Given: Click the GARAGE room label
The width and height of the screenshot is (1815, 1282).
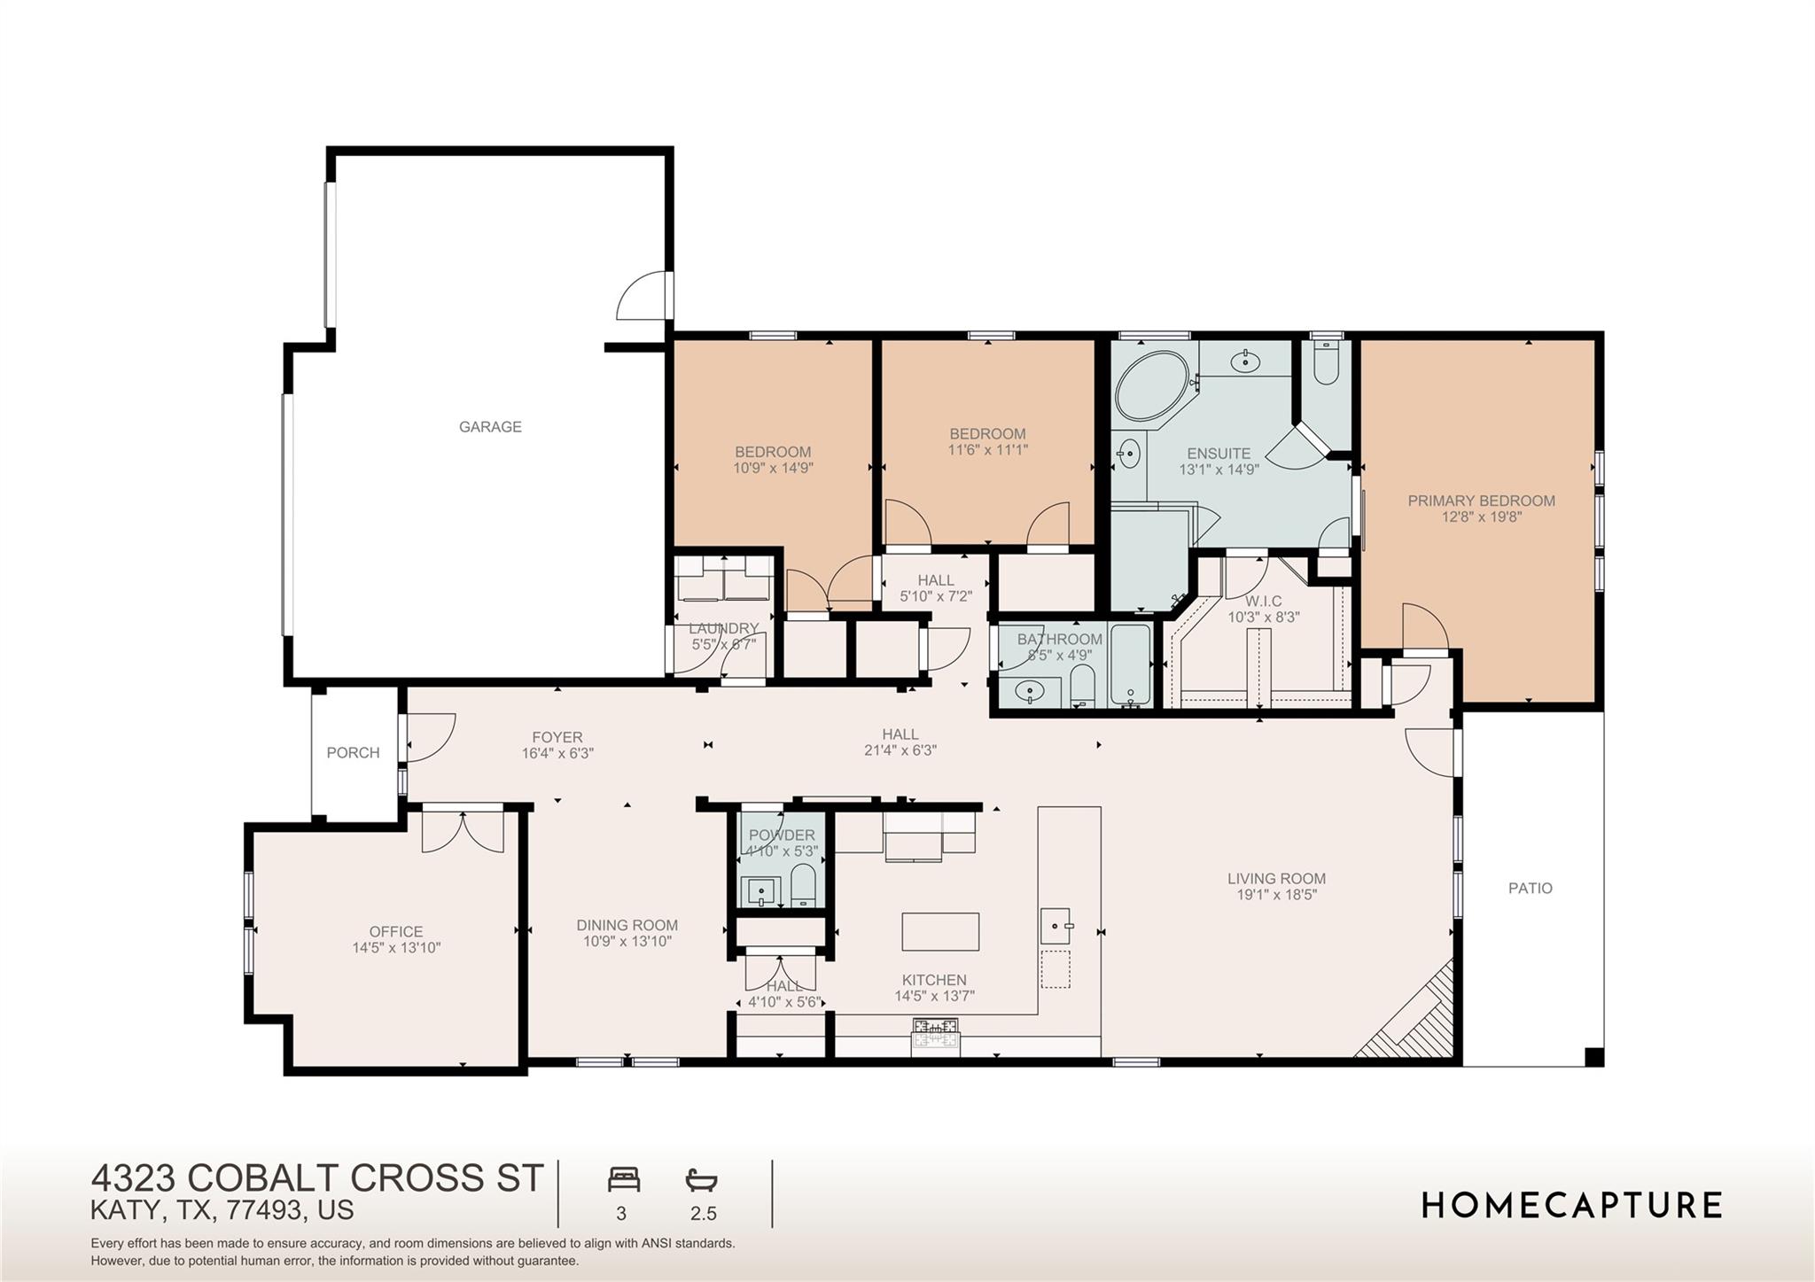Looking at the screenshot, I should pyautogui.click(x=490, y=427).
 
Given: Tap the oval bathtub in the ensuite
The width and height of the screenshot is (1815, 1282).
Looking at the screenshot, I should pyautogui.click(x=1151, y=387).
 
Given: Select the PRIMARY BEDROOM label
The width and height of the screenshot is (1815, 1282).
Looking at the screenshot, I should pyautogui.click(x=1481, y=501).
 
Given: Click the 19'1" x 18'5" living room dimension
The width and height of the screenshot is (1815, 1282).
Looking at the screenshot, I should pyautogui.click(x=1276, y=895).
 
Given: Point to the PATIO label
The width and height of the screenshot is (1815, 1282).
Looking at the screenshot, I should pyautogui.click(x=1531, y=888).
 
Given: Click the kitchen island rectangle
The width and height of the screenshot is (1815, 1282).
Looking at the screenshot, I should pyautogui.click(x=940, y=931).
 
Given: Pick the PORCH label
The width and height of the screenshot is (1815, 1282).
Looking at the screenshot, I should pyautogui.click(x=353, y=752).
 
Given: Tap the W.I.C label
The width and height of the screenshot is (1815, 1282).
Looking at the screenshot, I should pyautogui.click(x=1263, y=601).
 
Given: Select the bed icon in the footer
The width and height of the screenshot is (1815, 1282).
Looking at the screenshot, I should pyautogui.click(x=623, y=1180).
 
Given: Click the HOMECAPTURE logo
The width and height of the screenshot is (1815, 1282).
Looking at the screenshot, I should pyautogui.click(x=1571, y=1206).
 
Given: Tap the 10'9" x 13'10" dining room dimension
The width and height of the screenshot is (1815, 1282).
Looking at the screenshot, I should pyautogui.click(x=627, y=941).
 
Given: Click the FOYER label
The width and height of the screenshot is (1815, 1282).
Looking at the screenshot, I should pyautogui.click(x=557, y=737).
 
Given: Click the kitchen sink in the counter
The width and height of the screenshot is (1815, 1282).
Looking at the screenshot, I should pyautogui.click(x=1056, y=926).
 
